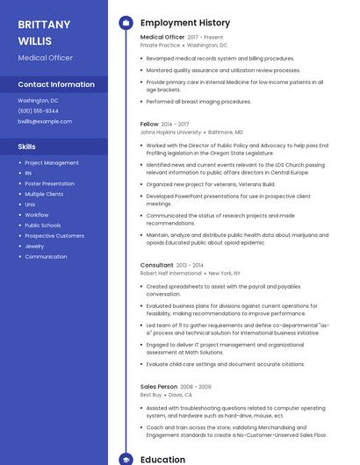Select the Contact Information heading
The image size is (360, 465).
56,84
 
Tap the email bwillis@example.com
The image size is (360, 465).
45,121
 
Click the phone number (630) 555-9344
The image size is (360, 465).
39,111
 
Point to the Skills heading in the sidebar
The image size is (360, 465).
27,147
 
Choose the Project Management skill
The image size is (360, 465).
52,162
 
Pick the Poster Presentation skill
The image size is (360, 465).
49,183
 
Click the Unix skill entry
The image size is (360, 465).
30,204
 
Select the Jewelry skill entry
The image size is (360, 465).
34,247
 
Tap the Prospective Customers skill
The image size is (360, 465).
54,236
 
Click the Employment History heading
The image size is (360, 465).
185,23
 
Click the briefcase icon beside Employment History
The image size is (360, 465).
126,23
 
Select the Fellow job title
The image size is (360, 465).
149,125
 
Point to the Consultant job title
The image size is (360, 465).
157,265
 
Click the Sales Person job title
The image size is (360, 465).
159,387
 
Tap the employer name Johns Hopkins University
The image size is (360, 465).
170,132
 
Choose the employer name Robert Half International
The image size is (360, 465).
170,273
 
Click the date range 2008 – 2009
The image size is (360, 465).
196,387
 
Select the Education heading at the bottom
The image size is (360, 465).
162,459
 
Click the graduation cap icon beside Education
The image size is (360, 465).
126,459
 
